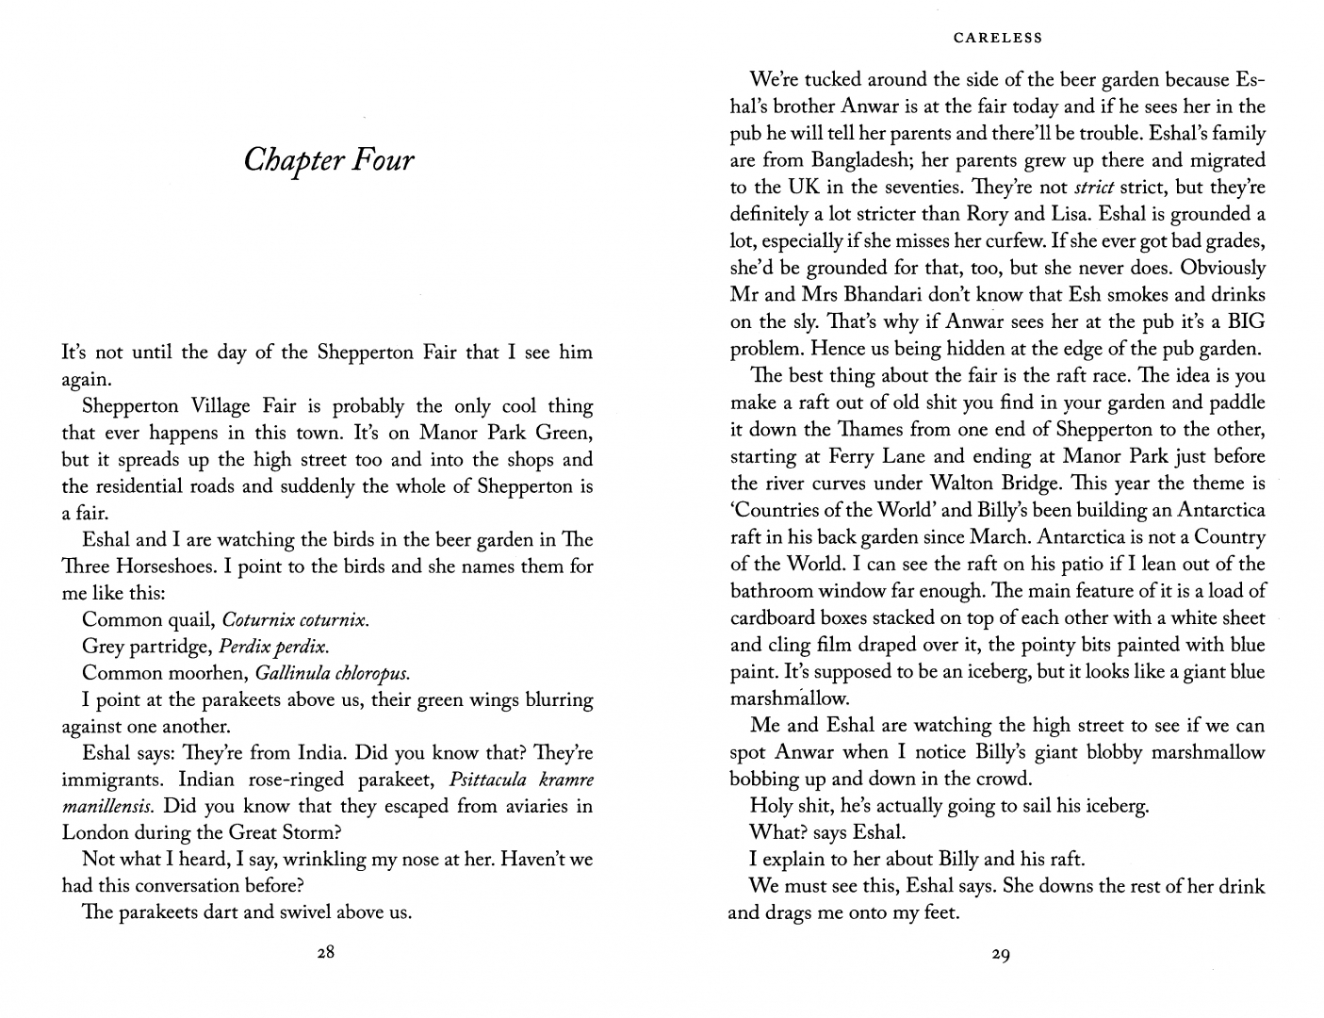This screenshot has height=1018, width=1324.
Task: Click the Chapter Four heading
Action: click(328, 161)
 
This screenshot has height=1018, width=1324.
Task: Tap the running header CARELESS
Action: click(998, 39)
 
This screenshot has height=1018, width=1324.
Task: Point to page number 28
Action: click(325, 952)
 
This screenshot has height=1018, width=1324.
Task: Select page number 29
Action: click(1001, 955)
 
